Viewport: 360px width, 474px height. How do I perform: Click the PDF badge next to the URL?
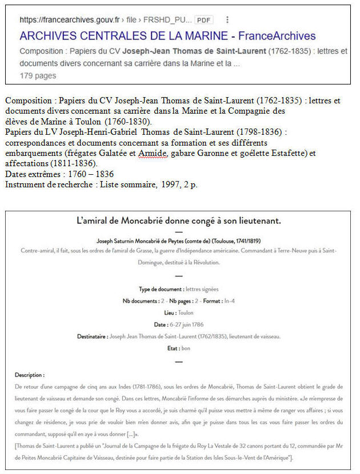pyautogui.click(x=203, y=19)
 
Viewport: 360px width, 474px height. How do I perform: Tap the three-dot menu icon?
pyautogui.click(x=227, y=19)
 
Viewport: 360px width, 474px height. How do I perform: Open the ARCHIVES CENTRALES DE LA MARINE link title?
pyautogui.click(x=167, y=36)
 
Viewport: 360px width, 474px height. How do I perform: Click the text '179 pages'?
pyautogui.click(x=38, y=75)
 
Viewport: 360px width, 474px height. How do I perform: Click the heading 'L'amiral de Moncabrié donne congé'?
pyautogui.click(x=179, y=220)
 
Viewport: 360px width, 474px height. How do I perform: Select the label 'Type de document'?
pyautogui.click(x=162, y=290)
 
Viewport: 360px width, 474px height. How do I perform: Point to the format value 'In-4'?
pyautogui.click(x=227, y=301)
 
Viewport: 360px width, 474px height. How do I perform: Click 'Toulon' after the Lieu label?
pyautogui.click(x=186, y=313)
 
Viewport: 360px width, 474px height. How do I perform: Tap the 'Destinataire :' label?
pyautogui.click(x=92, y=336)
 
